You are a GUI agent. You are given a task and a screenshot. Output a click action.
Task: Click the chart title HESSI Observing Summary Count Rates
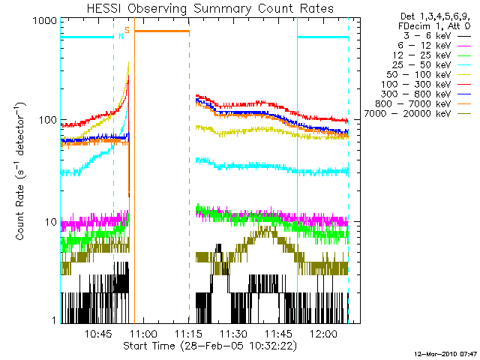(205, 8)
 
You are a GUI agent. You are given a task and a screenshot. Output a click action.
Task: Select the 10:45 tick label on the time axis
(99, 333)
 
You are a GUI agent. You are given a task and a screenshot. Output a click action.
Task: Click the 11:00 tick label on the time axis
(143, 333)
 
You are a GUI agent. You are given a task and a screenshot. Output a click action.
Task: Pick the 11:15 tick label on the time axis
(189, 333)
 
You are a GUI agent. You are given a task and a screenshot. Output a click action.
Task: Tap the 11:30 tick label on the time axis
(234, 333)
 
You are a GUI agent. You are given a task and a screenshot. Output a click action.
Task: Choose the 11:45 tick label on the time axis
(279, 333)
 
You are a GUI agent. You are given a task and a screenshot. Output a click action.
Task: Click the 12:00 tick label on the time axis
(324, 333)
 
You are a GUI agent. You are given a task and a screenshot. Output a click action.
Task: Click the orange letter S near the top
(127, 30)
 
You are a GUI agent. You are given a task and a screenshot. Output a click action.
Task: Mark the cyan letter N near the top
(120, 34)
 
